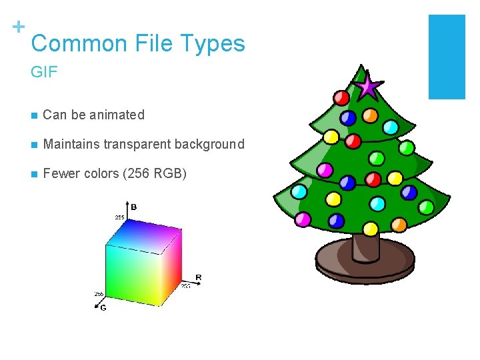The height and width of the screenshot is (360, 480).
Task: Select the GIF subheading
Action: point(45,72)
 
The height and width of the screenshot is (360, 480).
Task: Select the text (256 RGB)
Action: point(155,174)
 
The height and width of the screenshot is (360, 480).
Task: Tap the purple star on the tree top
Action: point(368,86)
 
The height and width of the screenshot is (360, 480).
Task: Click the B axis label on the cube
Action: point(133,207)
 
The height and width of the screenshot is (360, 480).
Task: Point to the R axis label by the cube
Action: point(198,277)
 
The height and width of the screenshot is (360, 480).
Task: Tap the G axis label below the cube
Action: point(103,307)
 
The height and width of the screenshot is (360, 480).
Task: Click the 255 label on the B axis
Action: point(119,217)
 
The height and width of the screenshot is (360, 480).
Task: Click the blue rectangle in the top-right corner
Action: point(446,57)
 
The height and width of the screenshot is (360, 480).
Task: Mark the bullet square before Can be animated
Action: point(33,115)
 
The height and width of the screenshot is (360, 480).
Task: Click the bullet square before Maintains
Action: point(33,145)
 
